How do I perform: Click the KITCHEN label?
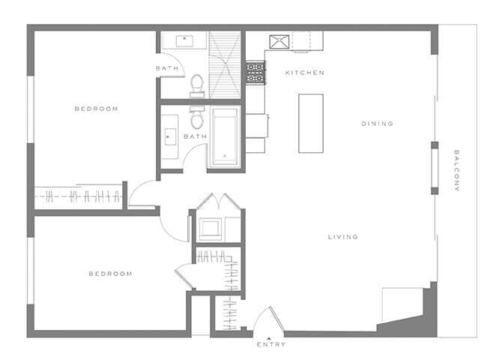304,73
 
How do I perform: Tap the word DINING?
377,124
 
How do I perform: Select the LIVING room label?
342,237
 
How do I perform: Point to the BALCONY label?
456,171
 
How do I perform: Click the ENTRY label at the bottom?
270,345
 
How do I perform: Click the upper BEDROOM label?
96,109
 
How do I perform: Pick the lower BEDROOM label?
110,274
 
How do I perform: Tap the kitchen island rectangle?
310,123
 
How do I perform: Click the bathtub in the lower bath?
224,137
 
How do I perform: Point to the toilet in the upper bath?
197,84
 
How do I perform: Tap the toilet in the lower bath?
197,120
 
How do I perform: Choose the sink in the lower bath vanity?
168,137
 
